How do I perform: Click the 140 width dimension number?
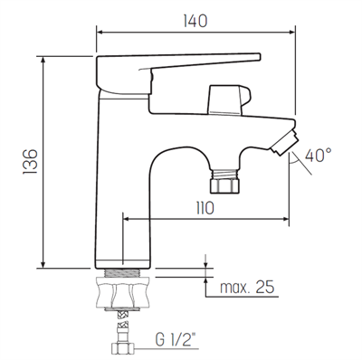click(x=195, y=21)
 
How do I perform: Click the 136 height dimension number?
click(x=30, y=161)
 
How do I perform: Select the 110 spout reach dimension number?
click(x=205, y=208)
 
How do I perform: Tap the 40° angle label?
click(x=319, y=155)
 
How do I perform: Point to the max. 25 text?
click(x=247, y=287)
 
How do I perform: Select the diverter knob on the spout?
click(x=229, y=99)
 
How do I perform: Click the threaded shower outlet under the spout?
click(x=225, y=181)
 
